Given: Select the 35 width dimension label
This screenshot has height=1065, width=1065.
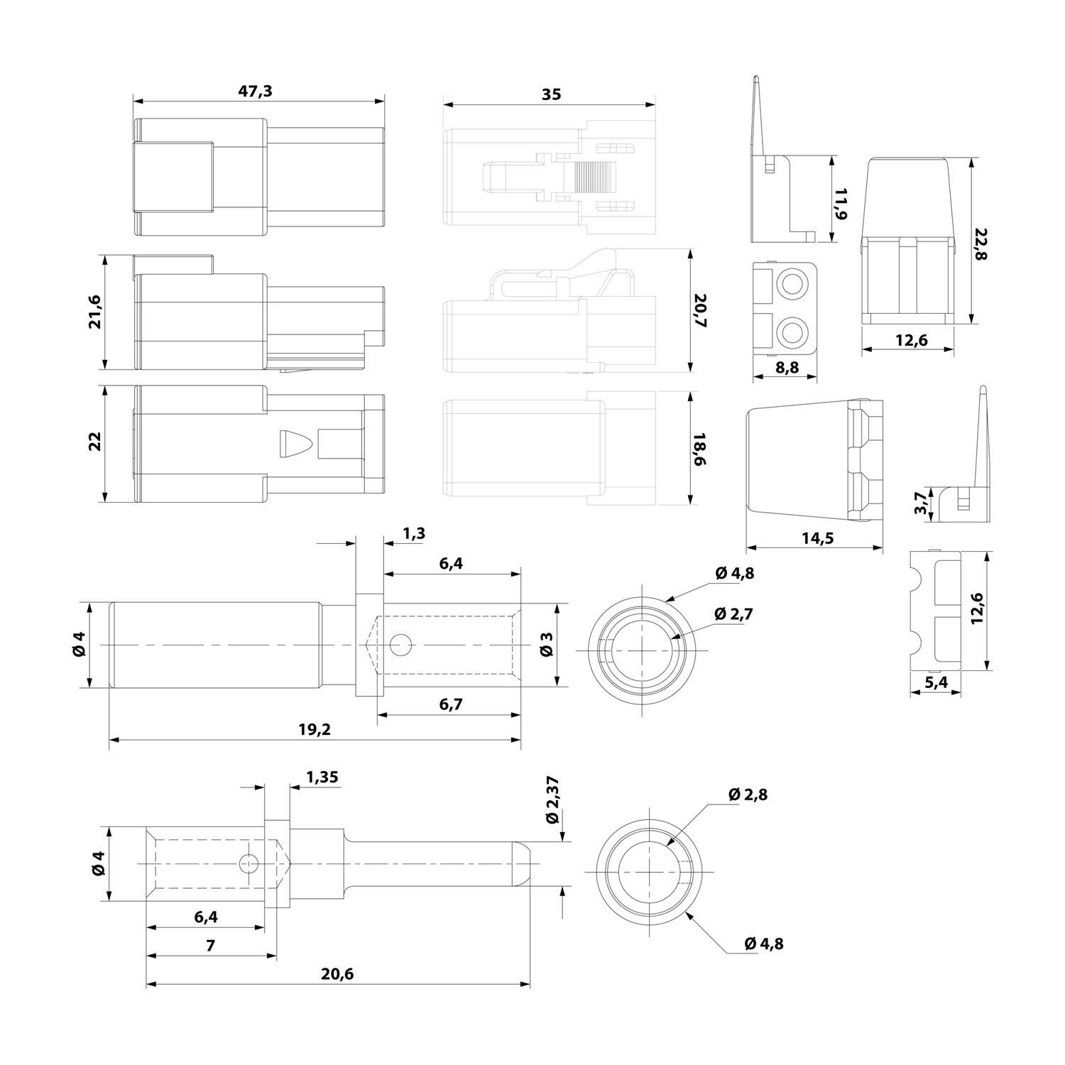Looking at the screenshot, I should click(550, 94).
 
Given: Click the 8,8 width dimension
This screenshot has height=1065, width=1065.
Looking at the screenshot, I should click(786, 367).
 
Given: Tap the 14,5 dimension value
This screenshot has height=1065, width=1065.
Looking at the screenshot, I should click(817, 538).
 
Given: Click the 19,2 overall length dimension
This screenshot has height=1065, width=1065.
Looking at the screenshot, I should click(315, 729).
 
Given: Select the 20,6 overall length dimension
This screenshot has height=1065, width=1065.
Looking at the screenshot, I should click(337, 974).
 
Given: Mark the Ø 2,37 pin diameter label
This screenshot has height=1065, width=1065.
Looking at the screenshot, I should click(554, 800).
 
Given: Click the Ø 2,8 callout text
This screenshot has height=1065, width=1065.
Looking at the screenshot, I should click(748, 794).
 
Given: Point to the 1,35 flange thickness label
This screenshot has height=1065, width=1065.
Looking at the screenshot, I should click(322, 777).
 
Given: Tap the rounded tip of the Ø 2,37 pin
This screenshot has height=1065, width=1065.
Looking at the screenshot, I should click(523, 863).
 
